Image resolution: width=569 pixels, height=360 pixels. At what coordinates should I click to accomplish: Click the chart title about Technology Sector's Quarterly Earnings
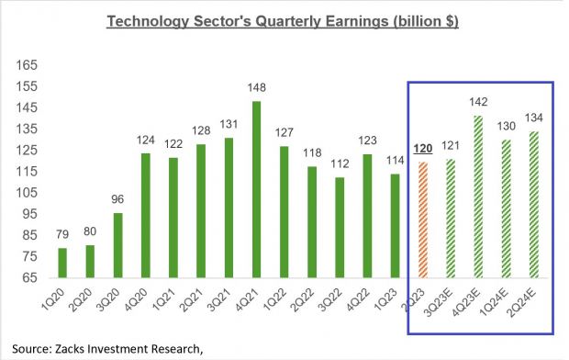coord(284,20)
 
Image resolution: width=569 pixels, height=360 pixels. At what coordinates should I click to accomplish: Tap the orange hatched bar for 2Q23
coord(421,219)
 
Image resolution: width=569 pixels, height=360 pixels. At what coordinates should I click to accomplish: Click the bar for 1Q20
coord(62,263)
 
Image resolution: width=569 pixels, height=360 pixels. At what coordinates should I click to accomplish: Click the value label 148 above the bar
coord(255,88)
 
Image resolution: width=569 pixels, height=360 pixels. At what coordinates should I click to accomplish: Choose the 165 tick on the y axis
coord(26,65)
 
